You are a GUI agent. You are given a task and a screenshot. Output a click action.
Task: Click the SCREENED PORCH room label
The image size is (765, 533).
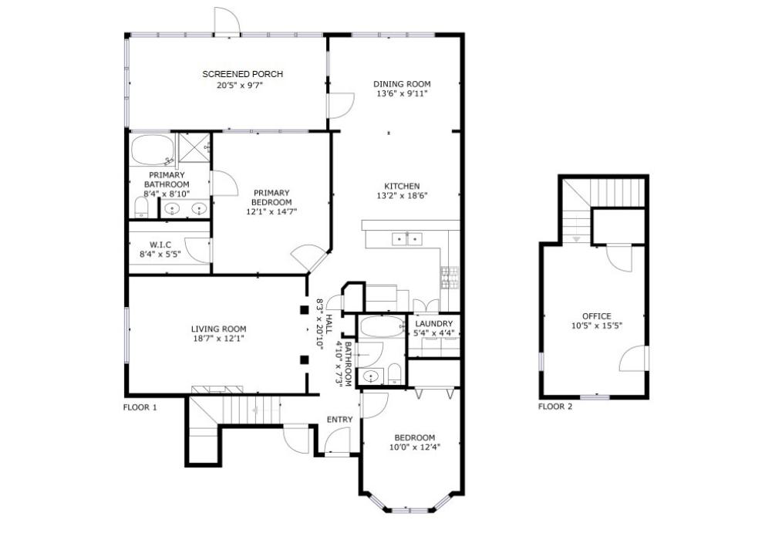pos(242,74)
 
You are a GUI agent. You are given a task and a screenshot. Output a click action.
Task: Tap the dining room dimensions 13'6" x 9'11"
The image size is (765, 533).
pos(402,93)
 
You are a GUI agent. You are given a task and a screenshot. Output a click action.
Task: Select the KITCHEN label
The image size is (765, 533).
pos(402,186)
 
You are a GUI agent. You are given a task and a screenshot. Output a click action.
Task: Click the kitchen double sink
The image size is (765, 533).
pos(407,239)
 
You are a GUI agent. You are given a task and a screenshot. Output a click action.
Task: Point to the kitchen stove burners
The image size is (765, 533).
pos(450,278)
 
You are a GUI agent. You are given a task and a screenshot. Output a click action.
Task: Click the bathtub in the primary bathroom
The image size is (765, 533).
pos(153,150)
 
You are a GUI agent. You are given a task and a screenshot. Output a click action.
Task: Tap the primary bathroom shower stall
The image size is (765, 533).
pos(194,148)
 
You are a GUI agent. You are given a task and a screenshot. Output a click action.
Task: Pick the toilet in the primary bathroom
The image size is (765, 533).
pos(141,208)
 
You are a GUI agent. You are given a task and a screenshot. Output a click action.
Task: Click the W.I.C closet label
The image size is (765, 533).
pos(160,245)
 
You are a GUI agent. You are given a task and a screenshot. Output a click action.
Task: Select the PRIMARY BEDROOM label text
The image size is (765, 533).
pos(271,197)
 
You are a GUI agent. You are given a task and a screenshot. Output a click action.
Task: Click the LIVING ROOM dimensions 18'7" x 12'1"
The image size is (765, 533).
pos(218,339)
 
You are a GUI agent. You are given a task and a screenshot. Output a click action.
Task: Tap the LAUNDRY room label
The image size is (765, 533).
pos(434,324)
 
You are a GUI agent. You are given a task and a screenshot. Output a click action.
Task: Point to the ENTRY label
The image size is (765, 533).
pos(339,420)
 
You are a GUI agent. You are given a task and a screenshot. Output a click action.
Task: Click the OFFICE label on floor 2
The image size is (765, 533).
pos(597,316)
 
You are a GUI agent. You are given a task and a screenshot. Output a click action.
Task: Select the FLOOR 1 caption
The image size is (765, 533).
pos(140,407)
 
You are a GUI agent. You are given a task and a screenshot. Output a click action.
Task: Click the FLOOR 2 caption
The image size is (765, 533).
pos(555,406)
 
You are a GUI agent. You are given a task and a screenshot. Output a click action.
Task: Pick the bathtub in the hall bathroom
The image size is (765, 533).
pos(383,326)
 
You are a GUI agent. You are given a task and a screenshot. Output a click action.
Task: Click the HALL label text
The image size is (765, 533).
pos(329,324)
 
